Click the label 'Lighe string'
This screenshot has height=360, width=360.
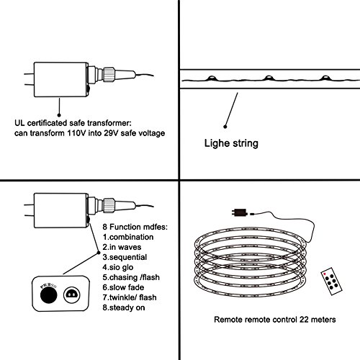click(x=231, y=143)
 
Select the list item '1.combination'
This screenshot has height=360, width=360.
click(x=128, y=237)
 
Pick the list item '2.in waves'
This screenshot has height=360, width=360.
click(x=122, y=247)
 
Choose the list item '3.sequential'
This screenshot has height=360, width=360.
click(x=125, y=257)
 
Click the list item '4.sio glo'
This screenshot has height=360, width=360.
click(x=118, y=267)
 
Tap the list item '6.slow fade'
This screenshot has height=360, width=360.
click(x=123, y=287)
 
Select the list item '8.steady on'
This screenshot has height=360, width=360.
click(x=124, y=307)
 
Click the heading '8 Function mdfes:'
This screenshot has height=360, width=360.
click(x=135, y=227)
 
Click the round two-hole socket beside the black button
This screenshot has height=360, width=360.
click(x=72, y=294)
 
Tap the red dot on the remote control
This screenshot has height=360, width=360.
click(x=325, y=274)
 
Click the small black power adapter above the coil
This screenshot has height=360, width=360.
click(x=239, y=212)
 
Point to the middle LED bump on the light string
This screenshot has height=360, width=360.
click(x=269, y=78)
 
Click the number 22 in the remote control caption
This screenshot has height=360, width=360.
click(x=304, y=320)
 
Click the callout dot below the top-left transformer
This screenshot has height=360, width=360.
click(x=59, y=115)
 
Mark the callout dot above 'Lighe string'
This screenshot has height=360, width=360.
click(x=225, y=127)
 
